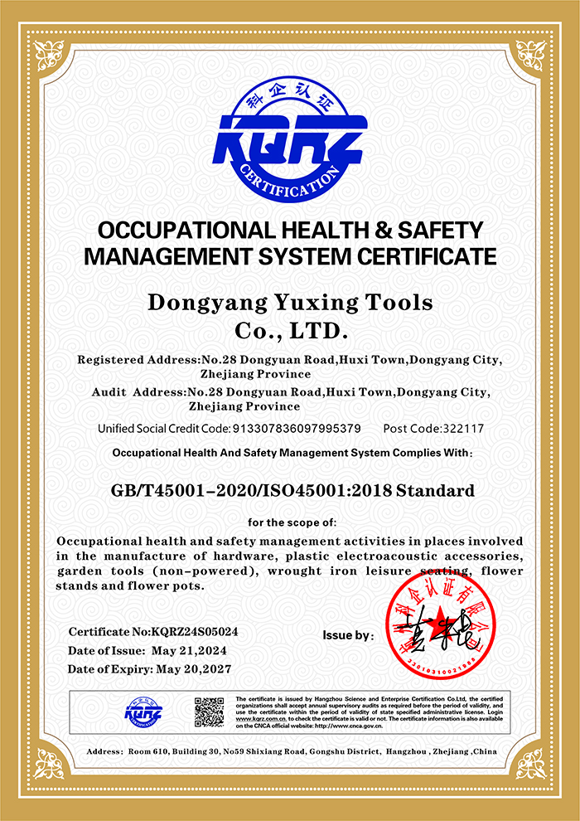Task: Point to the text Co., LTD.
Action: [x=289, y=332]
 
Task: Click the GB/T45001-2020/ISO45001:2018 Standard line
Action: [x=292, y=490]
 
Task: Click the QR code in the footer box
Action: [x=209, y=712]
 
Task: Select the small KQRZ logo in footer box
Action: [x=143, y=711]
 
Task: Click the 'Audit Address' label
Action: [x=138, y=391]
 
